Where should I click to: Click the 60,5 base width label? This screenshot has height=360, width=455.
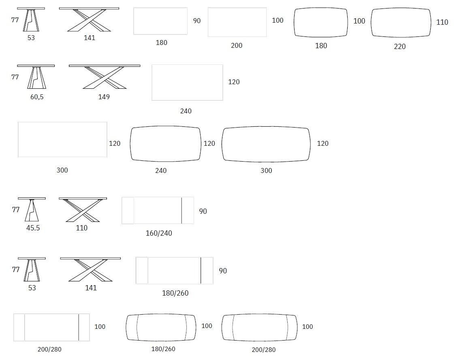[x=37, y=97]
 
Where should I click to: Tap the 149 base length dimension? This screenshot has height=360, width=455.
[x=104, y=97]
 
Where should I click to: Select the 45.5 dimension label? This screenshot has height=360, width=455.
[x=33, y=228]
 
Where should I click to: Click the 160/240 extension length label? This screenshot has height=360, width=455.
[x=159, y=233]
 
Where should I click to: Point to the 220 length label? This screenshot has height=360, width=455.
[x=399, y=47]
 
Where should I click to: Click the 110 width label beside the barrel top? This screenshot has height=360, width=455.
[x=442, y=22]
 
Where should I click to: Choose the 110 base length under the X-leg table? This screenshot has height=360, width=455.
[x=81, y=228]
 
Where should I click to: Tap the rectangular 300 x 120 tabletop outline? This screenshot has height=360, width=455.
[x=62, y=140]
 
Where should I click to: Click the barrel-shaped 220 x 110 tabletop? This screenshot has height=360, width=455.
[x=401, y=22]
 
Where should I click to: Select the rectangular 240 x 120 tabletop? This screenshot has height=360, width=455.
[x=187, y=83]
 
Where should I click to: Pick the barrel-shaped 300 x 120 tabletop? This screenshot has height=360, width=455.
[x=266, y=144]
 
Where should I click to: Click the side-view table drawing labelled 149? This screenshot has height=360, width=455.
[x=105, y=77]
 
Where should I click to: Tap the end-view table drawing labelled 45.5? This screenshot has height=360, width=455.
[x=32, y=209]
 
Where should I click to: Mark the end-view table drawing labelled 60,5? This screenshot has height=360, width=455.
[x=36, y=77]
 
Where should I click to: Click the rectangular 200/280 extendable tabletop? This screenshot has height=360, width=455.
[x=51, y=327]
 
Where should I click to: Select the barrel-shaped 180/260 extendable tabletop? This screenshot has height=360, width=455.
[x=161, y=327]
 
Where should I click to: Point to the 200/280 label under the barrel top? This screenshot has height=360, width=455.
[x=263, y=350]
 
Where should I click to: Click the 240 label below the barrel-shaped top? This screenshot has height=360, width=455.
[x=161, y=170]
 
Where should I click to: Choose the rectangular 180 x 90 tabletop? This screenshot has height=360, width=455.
[x=160, y=21]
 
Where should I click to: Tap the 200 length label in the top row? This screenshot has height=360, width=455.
[x=237, y=45]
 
